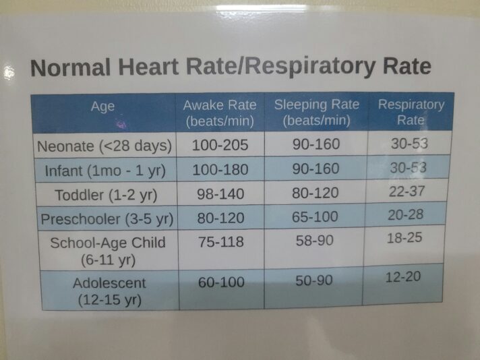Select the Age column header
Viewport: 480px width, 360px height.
point(102,107)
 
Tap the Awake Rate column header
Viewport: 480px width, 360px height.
point(220,113)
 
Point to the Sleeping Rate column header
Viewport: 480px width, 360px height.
point(316,112)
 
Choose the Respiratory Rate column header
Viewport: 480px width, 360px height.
point(411,112)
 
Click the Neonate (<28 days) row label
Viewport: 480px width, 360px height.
point(105,146)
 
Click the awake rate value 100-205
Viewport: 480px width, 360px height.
point(220,144)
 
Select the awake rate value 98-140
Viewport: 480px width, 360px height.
point(221,194)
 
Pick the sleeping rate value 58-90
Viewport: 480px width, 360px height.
point(315,241)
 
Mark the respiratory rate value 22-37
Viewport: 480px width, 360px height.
point(407,191)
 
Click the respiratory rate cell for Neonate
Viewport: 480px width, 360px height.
point(409,143)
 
